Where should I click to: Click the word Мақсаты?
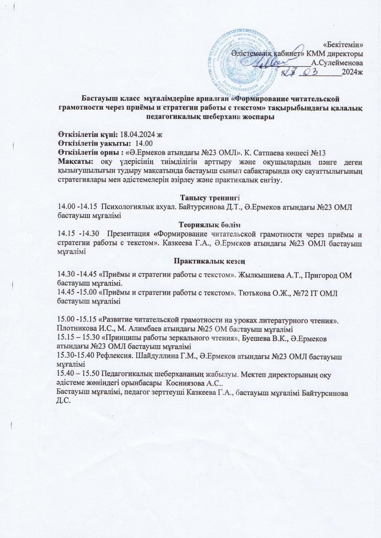(76, 160)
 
